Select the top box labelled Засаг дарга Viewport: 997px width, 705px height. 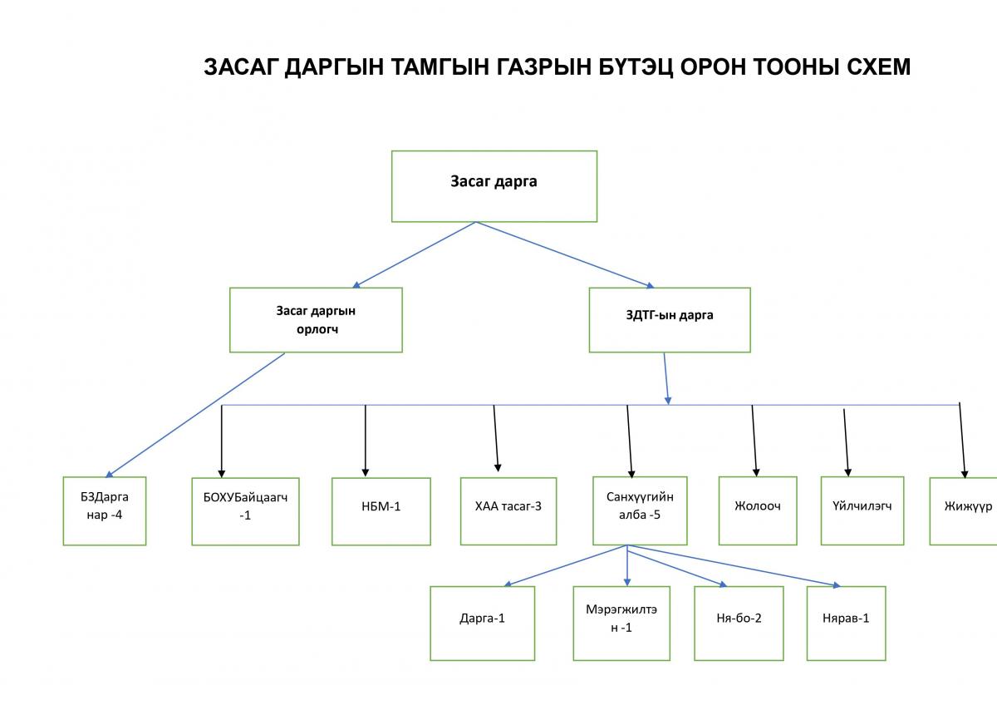tap(494, 186)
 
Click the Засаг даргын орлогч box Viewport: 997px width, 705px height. tap(316, 320)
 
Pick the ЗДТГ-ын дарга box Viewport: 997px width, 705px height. tap(670, 320)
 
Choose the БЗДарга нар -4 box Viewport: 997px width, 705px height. tap(105, 510)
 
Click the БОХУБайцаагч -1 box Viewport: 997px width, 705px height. tap(245, 511)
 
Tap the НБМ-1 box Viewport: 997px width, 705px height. tap(381, 511)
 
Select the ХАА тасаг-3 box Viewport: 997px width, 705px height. tap(508, 511)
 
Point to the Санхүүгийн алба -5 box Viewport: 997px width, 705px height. tap(640, 510)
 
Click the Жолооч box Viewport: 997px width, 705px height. tap(758, 510)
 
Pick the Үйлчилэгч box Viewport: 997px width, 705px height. tap(862, 510)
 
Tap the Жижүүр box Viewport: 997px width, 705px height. tap(964, 511)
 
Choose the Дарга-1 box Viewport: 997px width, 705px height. tap(483, 624)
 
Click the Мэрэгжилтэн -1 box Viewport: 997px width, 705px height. tap(621, 624)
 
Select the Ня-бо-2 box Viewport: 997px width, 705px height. tap(739, 624)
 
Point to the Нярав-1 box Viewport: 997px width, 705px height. tap(846, 624)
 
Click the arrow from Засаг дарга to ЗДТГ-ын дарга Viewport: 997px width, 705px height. tap(565, 255)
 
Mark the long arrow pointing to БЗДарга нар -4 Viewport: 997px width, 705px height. tap(195, 415)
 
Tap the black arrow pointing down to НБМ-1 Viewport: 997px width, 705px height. tap(366, 441)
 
